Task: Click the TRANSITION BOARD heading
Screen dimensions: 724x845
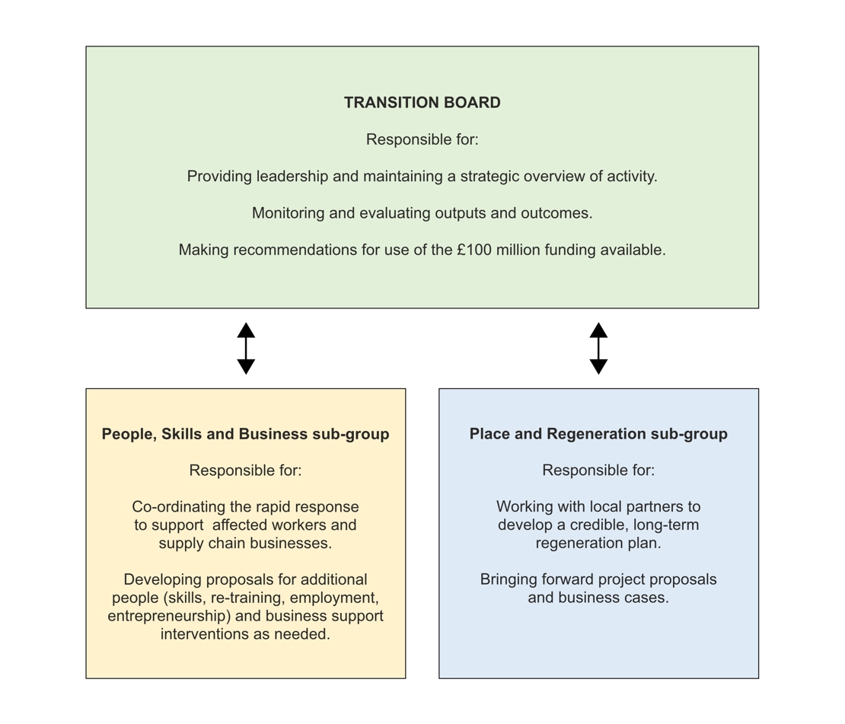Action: pos(422,103)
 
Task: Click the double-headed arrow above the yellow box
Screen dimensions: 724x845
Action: pos(246,348)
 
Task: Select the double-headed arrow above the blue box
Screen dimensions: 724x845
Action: pos(598,348)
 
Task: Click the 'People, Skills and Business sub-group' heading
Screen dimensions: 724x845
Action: pos(245,434)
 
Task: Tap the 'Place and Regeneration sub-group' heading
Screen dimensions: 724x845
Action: pos(598,434)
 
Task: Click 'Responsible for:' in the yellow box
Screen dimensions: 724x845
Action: pos(245,470)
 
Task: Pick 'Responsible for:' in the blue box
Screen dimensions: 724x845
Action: pos(598,470)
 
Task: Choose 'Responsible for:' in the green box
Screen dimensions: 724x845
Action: pos(422,140)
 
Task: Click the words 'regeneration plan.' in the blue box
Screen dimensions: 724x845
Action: pos(598,544)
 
